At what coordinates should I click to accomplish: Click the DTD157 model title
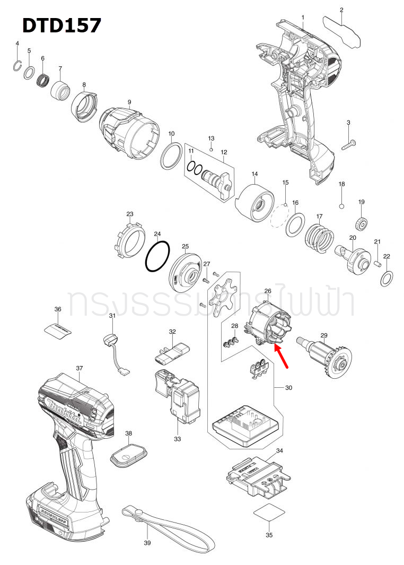(62, 25)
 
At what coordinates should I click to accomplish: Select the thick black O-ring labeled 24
(157, 257)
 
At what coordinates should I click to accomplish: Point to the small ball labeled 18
(342, 205)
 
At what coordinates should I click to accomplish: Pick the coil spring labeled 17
(319, 237)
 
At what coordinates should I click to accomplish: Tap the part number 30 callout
(288, 388)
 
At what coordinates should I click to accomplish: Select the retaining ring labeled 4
(17, 65)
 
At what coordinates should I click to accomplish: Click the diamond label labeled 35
(269, 515)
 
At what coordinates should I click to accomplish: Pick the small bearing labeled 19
(362, 224)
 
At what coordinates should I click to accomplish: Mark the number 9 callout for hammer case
(129, 102)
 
